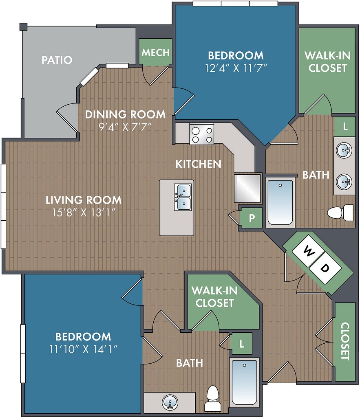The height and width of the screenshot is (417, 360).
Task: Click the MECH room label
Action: coord(155,53)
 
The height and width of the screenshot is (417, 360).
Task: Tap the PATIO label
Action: coord(57,60)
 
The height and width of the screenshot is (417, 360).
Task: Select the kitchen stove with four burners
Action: coord(201,134)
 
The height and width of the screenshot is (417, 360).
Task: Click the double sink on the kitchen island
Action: coord(183,197)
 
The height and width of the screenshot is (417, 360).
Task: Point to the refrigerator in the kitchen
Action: coord(247,189)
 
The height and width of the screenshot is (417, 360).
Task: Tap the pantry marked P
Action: coord(251,218)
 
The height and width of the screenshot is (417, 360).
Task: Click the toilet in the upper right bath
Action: coord(340,213)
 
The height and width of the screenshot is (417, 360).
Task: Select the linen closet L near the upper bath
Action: coord(345,127)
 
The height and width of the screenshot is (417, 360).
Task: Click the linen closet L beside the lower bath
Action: coord(241,344)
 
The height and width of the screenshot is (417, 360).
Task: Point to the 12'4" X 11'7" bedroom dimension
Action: coord(236,68)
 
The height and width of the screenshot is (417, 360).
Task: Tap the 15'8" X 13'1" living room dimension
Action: coord(84,213)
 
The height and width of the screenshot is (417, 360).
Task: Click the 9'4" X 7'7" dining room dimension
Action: coord(125,127)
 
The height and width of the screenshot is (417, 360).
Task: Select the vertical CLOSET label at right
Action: coord(345,341)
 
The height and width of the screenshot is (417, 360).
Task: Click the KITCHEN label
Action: coord(199,164)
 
